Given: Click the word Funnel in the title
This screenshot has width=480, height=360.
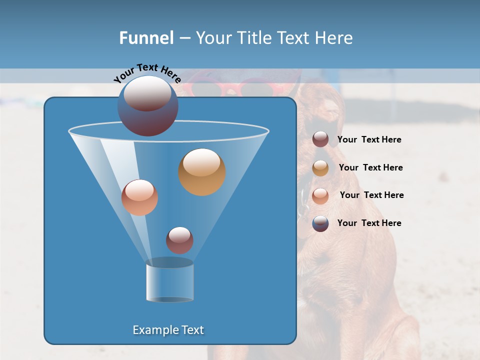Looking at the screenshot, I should pos(146,38).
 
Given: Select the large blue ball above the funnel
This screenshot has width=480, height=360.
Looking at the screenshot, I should pos(147,106).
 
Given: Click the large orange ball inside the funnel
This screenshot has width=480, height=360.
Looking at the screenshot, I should pos(202,172).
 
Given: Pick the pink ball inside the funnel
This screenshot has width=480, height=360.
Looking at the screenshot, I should pos(139,197).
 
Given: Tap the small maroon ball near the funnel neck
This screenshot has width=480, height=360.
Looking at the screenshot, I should pos(179,240).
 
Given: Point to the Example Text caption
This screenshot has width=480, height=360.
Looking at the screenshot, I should pos(168,330).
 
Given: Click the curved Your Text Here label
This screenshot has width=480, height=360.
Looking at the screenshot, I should pos(147,73).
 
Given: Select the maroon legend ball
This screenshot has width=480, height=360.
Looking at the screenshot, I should pos(320,139).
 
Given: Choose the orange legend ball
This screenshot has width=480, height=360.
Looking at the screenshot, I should pos(320,168).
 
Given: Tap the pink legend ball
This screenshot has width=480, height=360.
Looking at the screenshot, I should pos(320,196).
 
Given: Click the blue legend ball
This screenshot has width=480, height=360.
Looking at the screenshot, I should pos(320,223).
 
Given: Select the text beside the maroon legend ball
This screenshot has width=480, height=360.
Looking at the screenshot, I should pos(369,140).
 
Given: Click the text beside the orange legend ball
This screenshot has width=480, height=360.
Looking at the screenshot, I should pos(370,167).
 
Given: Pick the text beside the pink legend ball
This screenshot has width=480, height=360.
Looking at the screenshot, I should pos(371,195).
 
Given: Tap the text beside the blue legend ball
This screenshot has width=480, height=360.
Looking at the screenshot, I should pos(369,223).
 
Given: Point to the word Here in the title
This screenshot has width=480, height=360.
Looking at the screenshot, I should pos(334,38).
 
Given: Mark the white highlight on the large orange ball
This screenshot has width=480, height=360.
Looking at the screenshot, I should pos(201,162).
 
